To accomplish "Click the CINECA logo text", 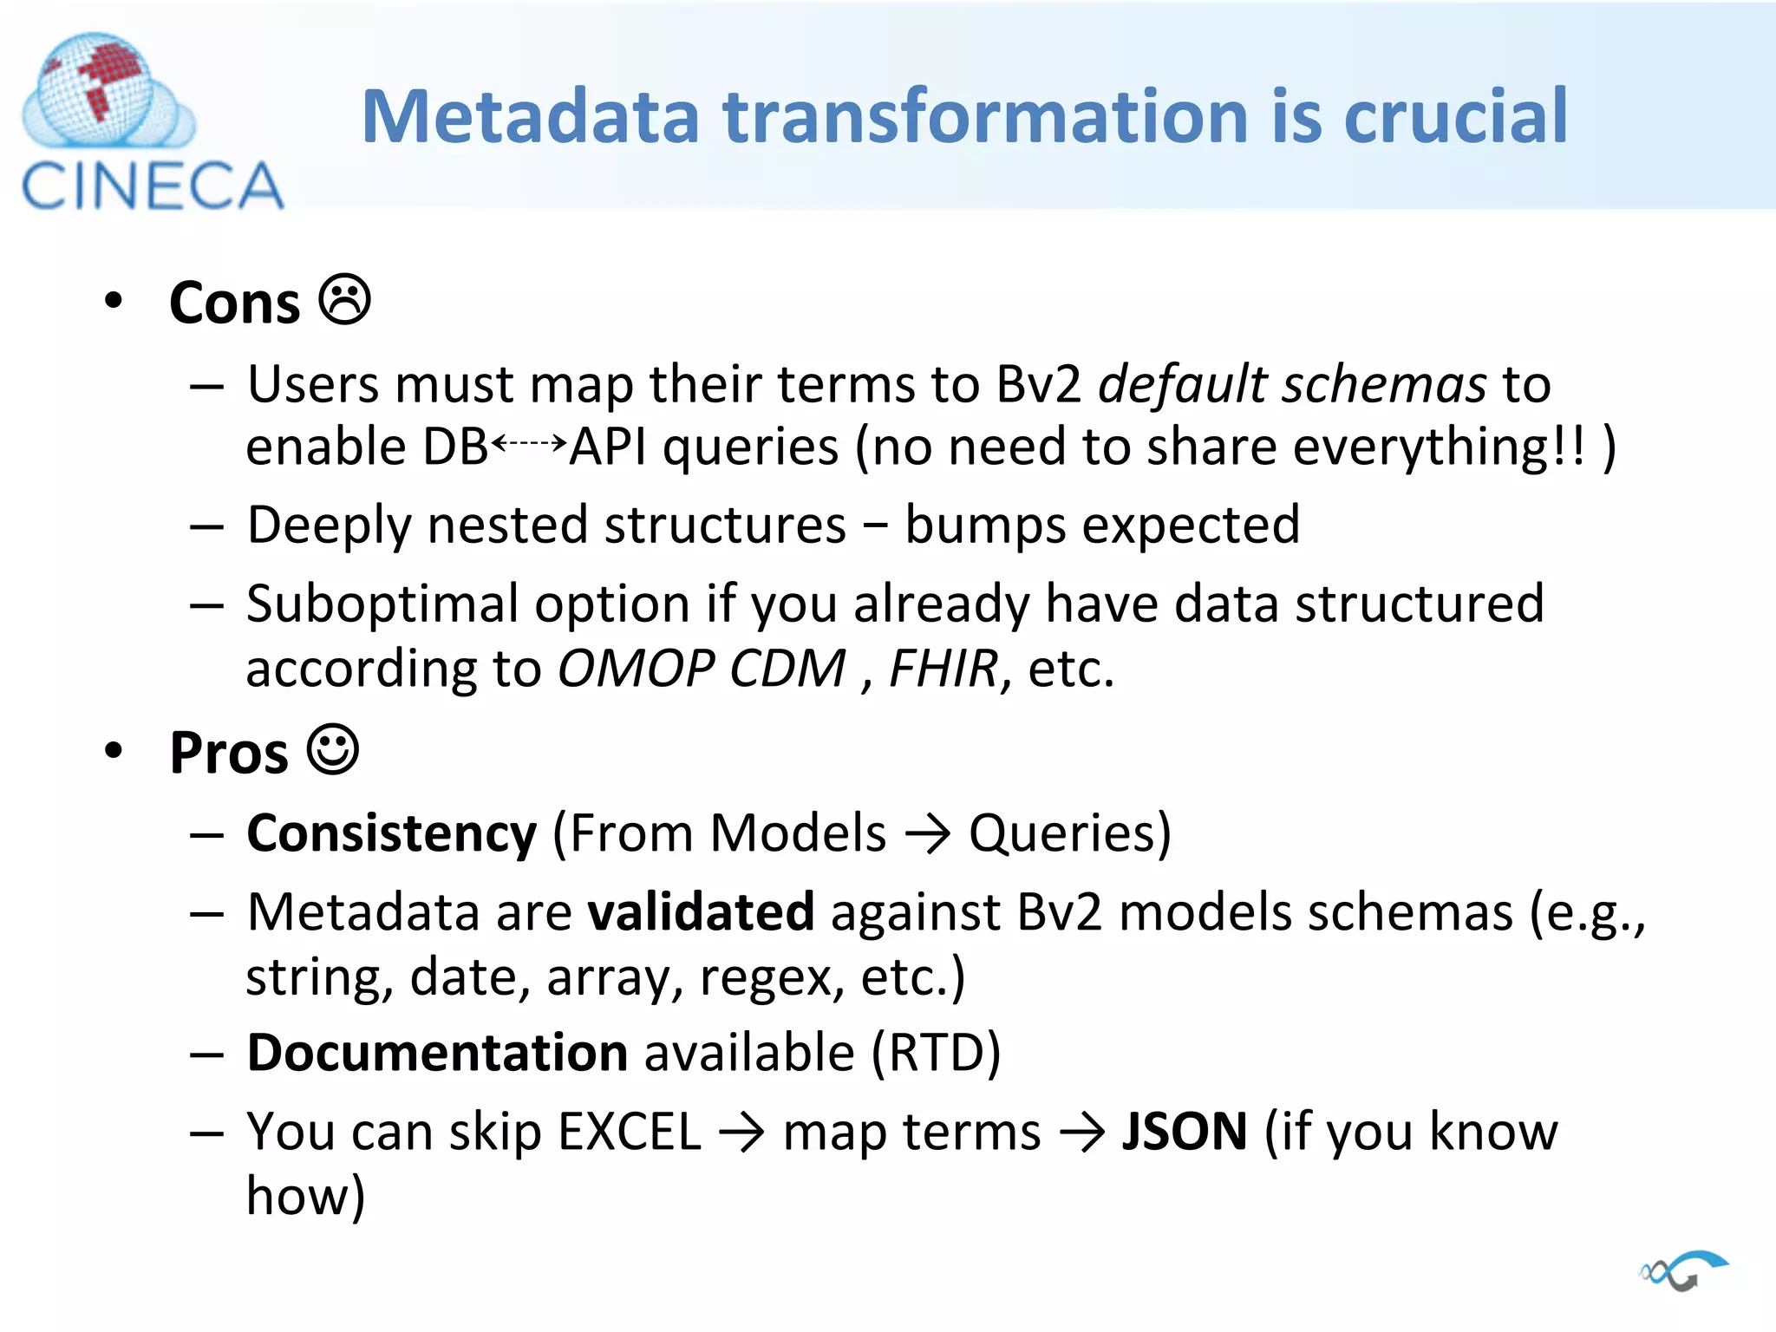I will (x=152, y=186).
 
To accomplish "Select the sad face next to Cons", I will (x=344, y=300).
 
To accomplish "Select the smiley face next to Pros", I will (x=333, y=749).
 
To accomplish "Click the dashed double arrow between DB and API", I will (x=529, y=443).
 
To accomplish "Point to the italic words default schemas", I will (x=1292, y=384).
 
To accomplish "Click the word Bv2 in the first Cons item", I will (x=1038, y=384).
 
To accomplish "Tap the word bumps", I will (x=984, y=526).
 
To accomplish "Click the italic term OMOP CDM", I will (x=701, y=669).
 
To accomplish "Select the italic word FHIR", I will (x=943, y=669).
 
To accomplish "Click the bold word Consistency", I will (x=392, y=833).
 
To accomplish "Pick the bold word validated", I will (x=701, y=912).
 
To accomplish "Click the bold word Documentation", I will (x=437, y=1053).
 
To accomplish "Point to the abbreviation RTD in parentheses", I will (x=936, y=1053).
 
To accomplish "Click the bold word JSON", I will (x=1184, y=1132).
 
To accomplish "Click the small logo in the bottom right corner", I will (x=1683, y=1271).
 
